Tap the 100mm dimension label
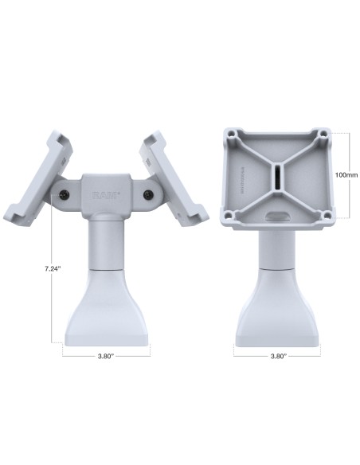(x=345, y=174)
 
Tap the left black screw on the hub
(x=63, y=194)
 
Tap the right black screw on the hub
(x=148, y=195)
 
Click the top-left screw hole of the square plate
(x=234, y=133)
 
